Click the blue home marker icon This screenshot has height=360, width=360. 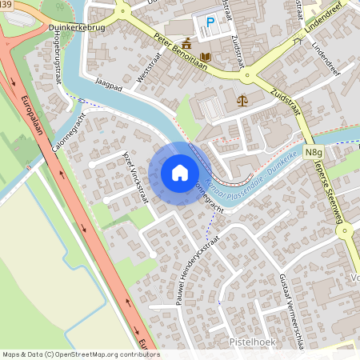pyautogui.click(x=180, y=171)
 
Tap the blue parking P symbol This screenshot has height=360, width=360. pyautogui.click(x=211, y=23)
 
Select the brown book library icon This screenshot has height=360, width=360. pyautogui.click(x=206, y=57)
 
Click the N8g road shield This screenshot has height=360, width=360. pyautogui.click(x=314, y=152)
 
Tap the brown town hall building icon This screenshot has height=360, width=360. pyautogui.click(x=186, y=42)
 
